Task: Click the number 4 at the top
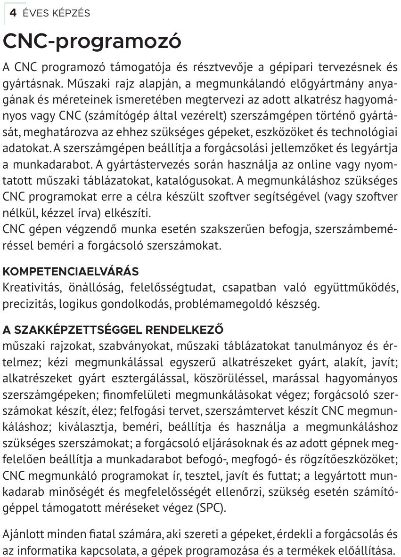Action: point(13,13)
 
